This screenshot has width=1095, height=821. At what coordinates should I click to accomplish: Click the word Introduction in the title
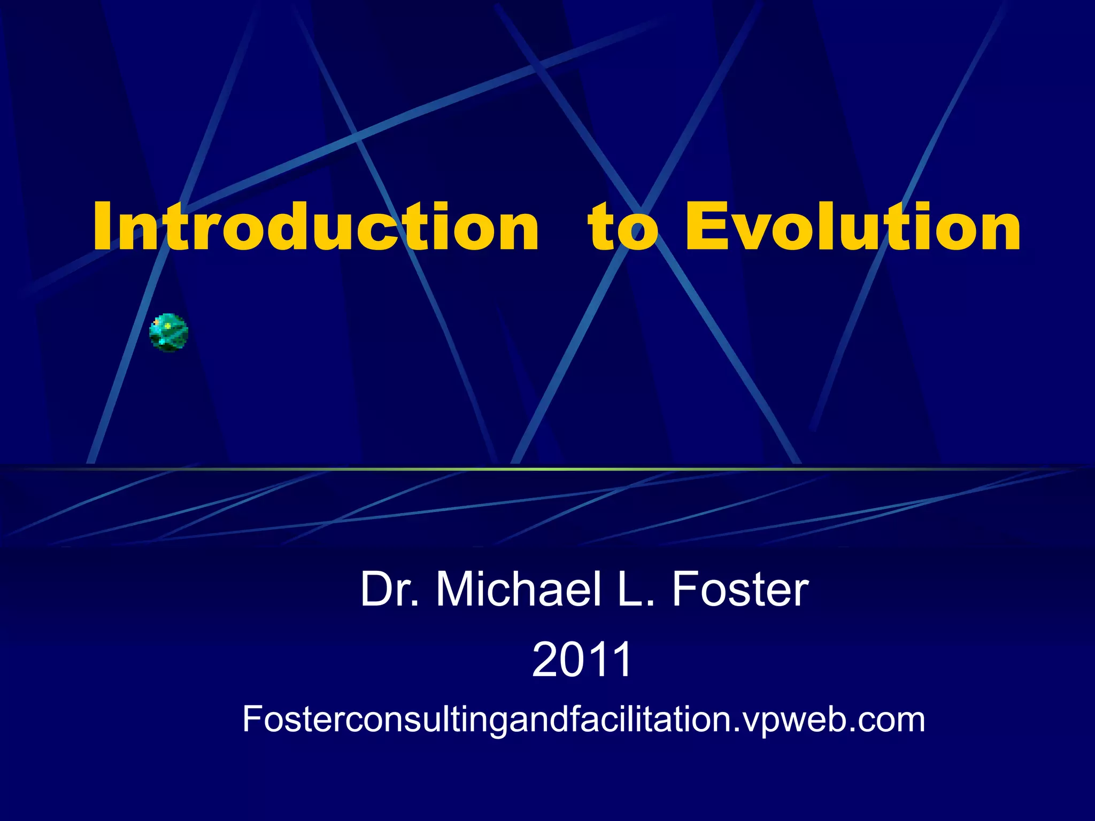(x=315, y=227)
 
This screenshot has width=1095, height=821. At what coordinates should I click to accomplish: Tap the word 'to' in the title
(x=622, y=228)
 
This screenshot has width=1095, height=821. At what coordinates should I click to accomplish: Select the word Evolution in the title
(x=853, y=227)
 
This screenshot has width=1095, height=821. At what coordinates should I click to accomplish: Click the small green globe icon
(x=168, y=332)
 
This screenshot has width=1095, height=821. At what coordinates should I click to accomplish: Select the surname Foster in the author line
(x=740, y=589)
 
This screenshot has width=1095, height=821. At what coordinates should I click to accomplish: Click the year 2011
(x=582, y=660)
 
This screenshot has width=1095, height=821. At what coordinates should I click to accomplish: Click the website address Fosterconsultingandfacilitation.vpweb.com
(x=583, y=719)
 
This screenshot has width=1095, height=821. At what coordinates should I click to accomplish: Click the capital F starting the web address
(x=252, y=719)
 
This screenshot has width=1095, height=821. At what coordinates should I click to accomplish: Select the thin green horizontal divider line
(x=547, y=469)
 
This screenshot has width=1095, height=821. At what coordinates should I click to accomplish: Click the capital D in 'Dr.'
(x=377, y=589)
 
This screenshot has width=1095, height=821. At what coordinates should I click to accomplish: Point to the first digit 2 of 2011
(x=544, y=660)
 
